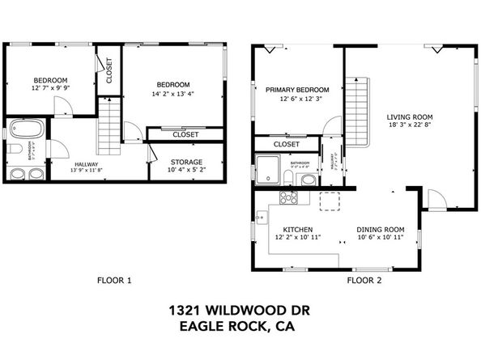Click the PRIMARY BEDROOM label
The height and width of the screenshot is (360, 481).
[297, 89]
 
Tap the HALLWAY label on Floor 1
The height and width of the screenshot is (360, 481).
[64, 163]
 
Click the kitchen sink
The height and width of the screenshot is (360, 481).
[261, 217]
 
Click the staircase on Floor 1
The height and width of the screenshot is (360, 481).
[109, 127]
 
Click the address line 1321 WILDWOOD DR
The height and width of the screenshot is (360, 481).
[240, 310]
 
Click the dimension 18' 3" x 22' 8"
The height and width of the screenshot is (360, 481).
[411, 125]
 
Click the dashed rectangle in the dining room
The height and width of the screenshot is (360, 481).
[330, 201]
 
